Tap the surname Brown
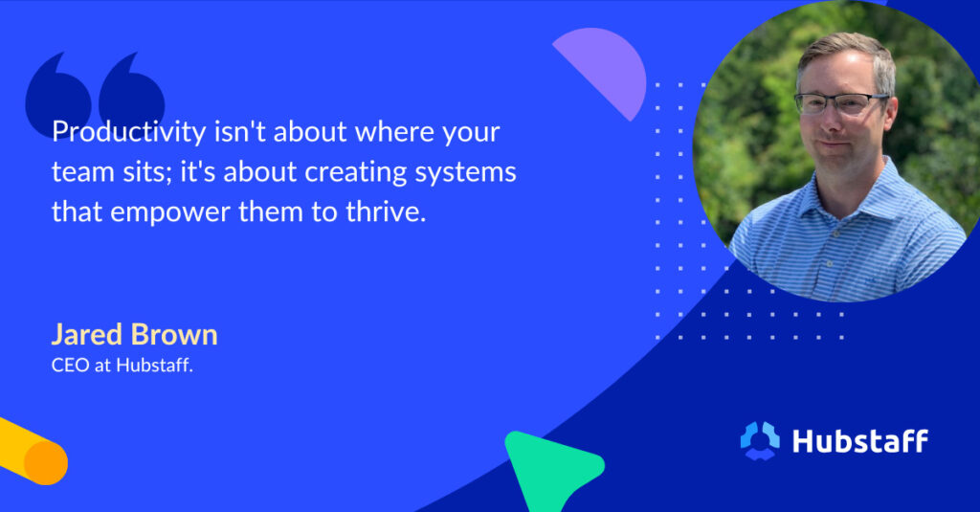(175, 335)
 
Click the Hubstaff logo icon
(760, 440)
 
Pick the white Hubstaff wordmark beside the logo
(859, 440)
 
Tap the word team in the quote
(78, 172)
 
